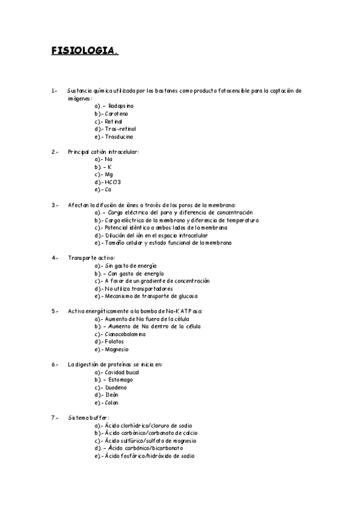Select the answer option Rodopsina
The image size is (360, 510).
[x=121, y=106]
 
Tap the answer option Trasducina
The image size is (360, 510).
[x=119, y=137]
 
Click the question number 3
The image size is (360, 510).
[x=55, y=205]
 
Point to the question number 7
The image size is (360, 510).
[x=55, y=417]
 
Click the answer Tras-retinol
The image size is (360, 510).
[x=120, y=129]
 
